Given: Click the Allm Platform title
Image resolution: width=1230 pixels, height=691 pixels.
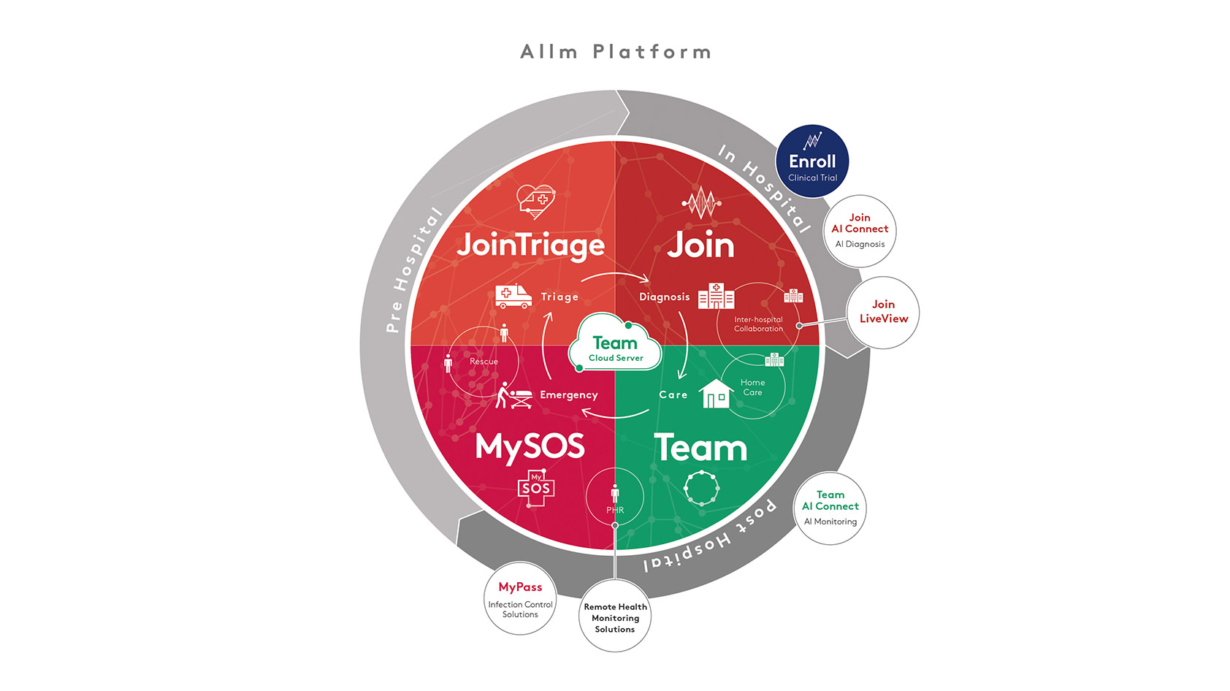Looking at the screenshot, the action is pyautogui.click(x=616, y=52).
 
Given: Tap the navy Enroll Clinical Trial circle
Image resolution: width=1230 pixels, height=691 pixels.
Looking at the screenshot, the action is pyautogui.click(x=812, y=161).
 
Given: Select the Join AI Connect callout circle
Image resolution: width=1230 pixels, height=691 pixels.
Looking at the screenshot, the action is pyautogui.click(x=860, y=232).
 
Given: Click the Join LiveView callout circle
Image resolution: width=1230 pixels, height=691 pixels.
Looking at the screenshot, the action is pyautogui.click(x=883, y=312).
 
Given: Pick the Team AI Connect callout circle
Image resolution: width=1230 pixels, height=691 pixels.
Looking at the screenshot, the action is pyautogui.click(x=830, y=508).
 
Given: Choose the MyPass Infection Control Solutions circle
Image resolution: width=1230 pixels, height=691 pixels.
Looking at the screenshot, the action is pyautogui.click(x=520, y=598).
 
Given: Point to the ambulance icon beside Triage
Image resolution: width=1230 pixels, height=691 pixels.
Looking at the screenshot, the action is pyautogui.click(x=513, y=296).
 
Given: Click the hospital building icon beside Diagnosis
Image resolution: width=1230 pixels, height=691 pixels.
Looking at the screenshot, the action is pyautogui.click(x=716, y=296).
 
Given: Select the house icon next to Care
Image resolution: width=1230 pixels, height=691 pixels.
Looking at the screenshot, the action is pyautogui.click(x=716, y=393).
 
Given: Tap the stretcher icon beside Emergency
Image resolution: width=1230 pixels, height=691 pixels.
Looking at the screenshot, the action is pyautogui.click(x=513, y=395).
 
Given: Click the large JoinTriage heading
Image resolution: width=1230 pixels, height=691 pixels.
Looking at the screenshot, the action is pyautogui.click(x=530, y=245).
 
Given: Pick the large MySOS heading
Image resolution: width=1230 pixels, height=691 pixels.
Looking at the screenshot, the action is pyautogui.click(x=530, y=446).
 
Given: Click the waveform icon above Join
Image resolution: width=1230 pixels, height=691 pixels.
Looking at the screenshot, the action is pyautogui.click(x=701, y=202).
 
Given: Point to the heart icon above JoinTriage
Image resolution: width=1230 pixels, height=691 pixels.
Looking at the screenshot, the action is pyautogui.click(x=536, y=202).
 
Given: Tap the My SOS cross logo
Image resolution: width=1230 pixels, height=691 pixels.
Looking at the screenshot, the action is pyautogui.click(x=536, y=488).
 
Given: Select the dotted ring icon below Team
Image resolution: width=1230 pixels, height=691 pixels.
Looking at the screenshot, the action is pyautogui.click(x=701, y=488).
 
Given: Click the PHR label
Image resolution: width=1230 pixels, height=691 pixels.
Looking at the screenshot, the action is pyautogui.click(x=614, y=511).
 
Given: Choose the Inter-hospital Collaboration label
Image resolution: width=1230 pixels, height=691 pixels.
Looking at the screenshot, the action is pyautogui.click(x=758, y=324).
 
